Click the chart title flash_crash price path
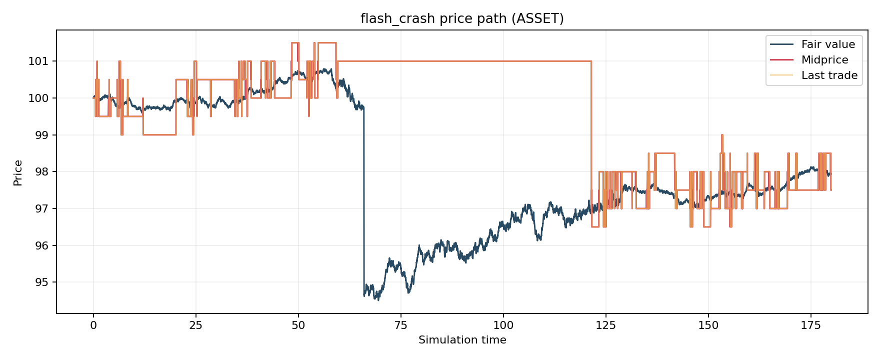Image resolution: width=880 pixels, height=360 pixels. [461, 19]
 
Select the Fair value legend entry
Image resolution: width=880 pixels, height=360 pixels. [828, 44]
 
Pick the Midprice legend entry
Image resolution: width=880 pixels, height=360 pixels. [824, 60]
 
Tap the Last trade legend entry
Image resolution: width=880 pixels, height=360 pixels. [829, 75]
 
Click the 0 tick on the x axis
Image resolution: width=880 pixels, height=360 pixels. [93, 325]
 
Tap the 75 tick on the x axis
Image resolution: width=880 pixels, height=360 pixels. [401, 325]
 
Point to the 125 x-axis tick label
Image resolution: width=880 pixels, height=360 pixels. [605, 325]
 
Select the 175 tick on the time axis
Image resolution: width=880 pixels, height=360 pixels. [810, 325]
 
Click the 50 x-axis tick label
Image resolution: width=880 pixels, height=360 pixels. [298, 325]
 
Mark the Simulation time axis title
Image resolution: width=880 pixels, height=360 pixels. [462, 340]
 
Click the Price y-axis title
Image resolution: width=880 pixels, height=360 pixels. [18, 172]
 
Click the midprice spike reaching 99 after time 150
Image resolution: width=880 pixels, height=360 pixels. [722, 135]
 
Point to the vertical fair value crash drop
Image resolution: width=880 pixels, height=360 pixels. [363, 200]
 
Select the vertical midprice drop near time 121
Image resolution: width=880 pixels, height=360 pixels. [591, 140]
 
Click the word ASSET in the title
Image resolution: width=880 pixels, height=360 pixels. [541, 19]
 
